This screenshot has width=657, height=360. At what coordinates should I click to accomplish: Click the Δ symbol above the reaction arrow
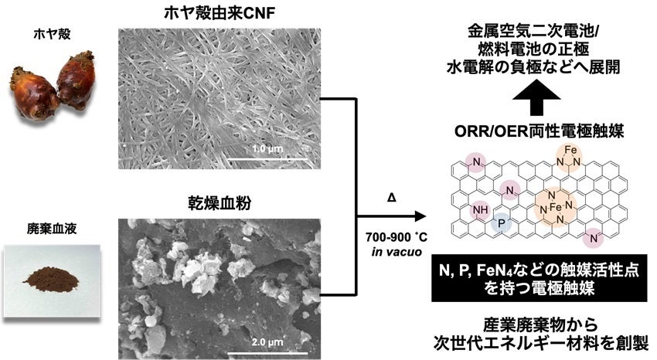click(391, 199)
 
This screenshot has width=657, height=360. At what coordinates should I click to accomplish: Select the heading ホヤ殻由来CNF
click(218, 13)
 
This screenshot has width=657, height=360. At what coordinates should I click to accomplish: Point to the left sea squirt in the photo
click(32, 93)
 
